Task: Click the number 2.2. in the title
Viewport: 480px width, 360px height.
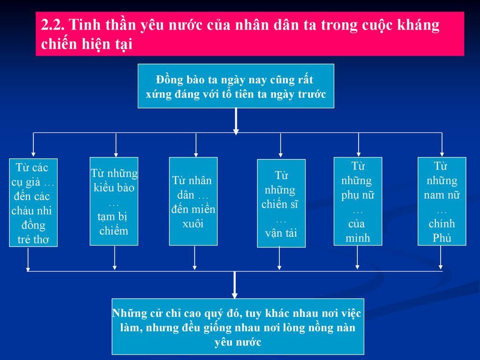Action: point(52,24)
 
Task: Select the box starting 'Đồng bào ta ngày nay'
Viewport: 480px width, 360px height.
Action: point(236,86)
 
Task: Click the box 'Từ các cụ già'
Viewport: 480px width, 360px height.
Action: point(33,202)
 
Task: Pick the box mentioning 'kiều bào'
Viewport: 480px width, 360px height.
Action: point(114,202)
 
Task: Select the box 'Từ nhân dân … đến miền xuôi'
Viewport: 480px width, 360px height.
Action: point(194,202)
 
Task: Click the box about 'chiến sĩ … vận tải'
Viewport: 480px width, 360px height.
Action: point(281,203)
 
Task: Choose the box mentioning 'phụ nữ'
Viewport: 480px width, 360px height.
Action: point(358,202)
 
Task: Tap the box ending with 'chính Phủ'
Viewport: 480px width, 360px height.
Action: point(442,202)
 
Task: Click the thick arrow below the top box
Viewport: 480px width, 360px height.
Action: point(236,121)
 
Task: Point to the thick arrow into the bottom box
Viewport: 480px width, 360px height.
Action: point(235,285)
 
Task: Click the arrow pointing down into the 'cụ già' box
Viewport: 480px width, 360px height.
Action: point(33,144)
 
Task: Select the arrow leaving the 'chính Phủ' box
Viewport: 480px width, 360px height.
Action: point(441,257)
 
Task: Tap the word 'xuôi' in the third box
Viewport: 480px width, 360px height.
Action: point(193,224)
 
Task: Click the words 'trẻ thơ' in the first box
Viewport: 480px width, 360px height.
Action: point(33,240)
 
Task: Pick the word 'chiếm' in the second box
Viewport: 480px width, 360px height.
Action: point(113,231)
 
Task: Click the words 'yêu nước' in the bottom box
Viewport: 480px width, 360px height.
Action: point(238,342)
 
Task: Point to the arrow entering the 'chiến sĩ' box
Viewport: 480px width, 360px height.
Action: point(280,145)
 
